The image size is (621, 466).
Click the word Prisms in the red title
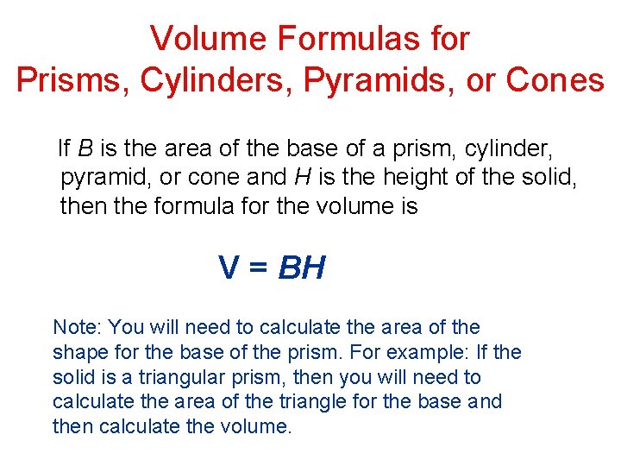click(x=59, y=79)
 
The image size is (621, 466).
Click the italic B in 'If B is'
click(x=85, y=148)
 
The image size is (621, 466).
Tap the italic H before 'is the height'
click(x=303, y=178)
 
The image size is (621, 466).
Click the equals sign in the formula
click(x=258, y=268)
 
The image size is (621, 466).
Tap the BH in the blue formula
click(x=301, y=268)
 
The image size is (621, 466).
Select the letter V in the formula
click(x=229, y=268)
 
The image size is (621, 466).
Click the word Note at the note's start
click(x=77, y=327)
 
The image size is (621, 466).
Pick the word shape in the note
click(x=78, y=352)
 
